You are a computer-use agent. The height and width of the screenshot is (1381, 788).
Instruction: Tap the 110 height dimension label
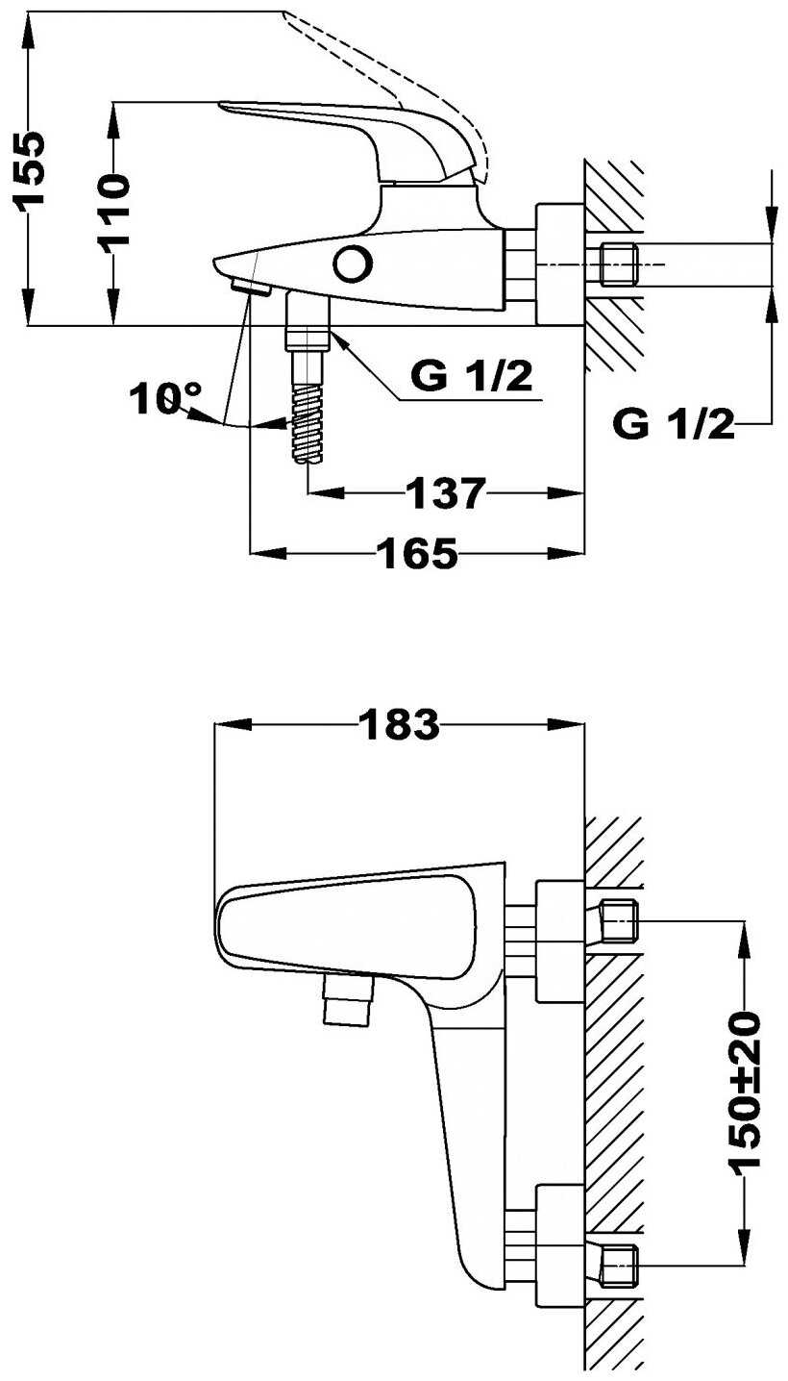click(x=115, y=213)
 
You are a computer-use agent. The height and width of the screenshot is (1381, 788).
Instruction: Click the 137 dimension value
click(x=446, y=492)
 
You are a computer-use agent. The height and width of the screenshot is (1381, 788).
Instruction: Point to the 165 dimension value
click(x=417, y=553)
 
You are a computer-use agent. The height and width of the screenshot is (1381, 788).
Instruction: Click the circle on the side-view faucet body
click(x=353, y=264)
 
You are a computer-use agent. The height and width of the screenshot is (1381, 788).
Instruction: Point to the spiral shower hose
click(x=307, y=422)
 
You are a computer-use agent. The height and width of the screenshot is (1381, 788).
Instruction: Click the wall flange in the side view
click(x=560, y=264)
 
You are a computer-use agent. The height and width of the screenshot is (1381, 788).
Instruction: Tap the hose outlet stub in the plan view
click(x=348, y=999)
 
